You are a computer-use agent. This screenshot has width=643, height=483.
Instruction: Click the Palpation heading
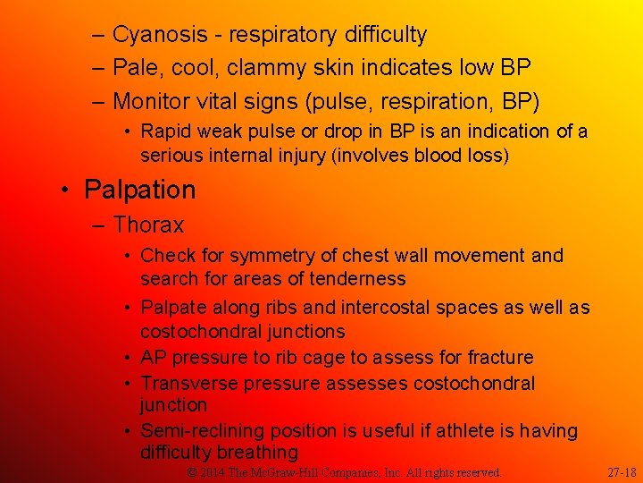click(x=139, y=190)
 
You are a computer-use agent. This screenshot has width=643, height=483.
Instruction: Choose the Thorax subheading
click(x=148, y=225)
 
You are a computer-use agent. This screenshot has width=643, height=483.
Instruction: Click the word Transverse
click(x=189, y=384)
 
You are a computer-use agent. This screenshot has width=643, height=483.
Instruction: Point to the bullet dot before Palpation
click(x=65, y=191)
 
